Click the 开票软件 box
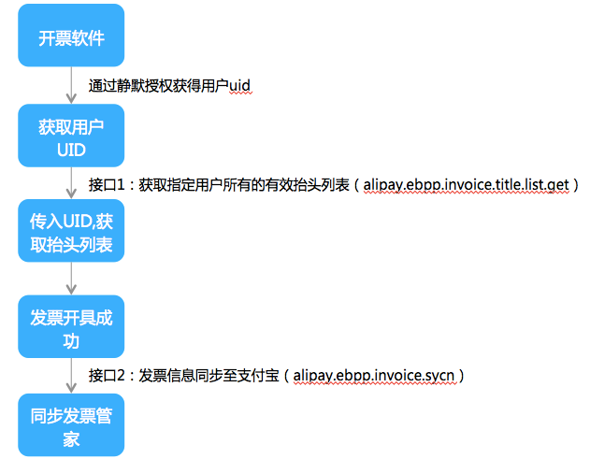point(72,38)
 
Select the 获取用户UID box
point(72,136)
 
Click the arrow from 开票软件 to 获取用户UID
point(72,86)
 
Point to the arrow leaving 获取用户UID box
point(72,184)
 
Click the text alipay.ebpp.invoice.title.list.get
point(466,184)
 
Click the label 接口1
point(108,184)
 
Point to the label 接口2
point(108,376)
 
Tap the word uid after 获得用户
point(239,86)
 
